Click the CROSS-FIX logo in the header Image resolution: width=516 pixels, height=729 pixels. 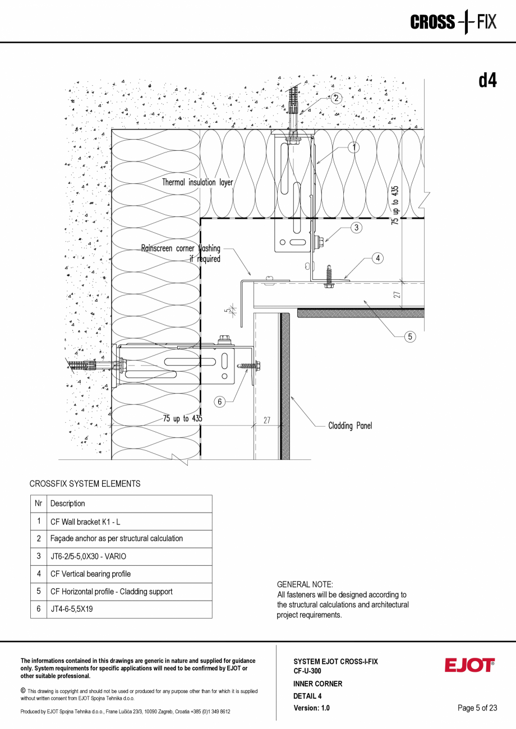453,22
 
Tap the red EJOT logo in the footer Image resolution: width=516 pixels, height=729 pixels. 470,665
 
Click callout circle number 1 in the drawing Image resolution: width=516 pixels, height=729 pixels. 353,147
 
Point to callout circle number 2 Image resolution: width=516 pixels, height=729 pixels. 335,98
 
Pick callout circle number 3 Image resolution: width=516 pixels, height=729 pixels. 356,227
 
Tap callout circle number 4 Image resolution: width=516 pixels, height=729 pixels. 378,259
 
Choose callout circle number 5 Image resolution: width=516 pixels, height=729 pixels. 411,336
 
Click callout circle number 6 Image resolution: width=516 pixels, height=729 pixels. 220,402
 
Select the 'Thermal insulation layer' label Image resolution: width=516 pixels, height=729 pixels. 197,182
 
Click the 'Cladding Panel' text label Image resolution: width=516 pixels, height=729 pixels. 350,426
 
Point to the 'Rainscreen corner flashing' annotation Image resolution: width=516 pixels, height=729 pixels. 181,253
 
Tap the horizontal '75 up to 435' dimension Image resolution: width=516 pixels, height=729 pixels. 182,418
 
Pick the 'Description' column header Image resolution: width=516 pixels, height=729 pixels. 68,504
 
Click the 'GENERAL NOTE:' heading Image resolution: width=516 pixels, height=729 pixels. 305,584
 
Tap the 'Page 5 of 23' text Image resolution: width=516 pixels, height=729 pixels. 477,708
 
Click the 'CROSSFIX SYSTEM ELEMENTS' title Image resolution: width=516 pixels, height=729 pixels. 85,483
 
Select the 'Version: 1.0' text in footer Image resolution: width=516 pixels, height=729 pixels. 311,708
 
